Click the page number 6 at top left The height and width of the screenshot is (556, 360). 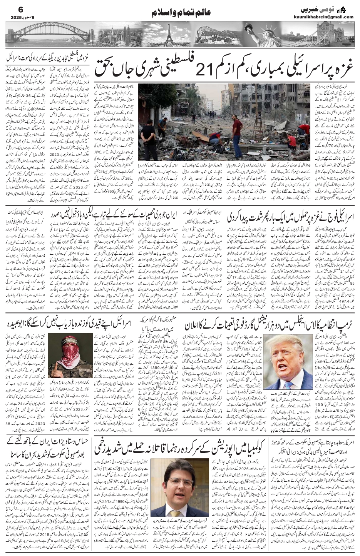point(10,8)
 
